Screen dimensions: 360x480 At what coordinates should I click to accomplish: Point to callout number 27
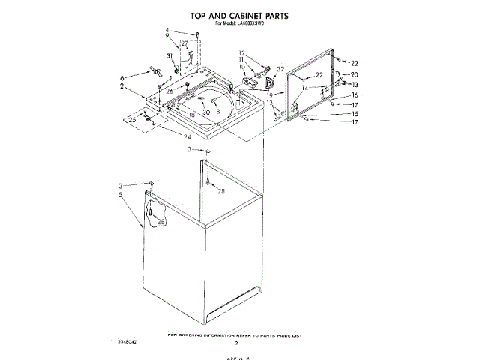pyautogui.click(x=184, y=43)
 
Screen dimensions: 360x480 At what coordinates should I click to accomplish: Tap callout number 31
pyautogui.click(x=169, y=56)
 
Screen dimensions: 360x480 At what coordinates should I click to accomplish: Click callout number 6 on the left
pyautogui.click(x=121, y=77)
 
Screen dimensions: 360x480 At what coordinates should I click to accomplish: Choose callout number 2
pyautogui.click(x=121, y=86)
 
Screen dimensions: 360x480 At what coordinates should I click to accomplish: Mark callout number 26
pyautogui.click(x=169, y=91)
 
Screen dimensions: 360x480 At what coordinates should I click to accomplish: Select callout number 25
pyautogui.click(x=132, y=120)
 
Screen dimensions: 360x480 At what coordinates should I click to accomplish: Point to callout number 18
pyautogui.click(x=191, y=114)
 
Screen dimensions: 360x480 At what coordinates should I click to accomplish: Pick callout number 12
pyautogui.click(x=242, y=52)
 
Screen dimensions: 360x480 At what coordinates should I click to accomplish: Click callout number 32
pyautogui.click(x=280, y=69)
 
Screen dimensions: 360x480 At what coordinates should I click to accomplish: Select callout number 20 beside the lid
pyautogui.click(x=355, y=75)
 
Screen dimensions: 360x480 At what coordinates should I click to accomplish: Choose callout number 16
pyautogui.click(x=355, y=95)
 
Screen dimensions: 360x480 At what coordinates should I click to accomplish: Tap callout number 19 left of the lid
pyautogui.click(x=269, y=95)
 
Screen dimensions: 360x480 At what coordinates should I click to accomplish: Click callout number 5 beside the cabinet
pyautogui.click(x=120, y=195)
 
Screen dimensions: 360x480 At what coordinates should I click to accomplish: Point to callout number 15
pyautogui.click(x=355, y=114)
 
